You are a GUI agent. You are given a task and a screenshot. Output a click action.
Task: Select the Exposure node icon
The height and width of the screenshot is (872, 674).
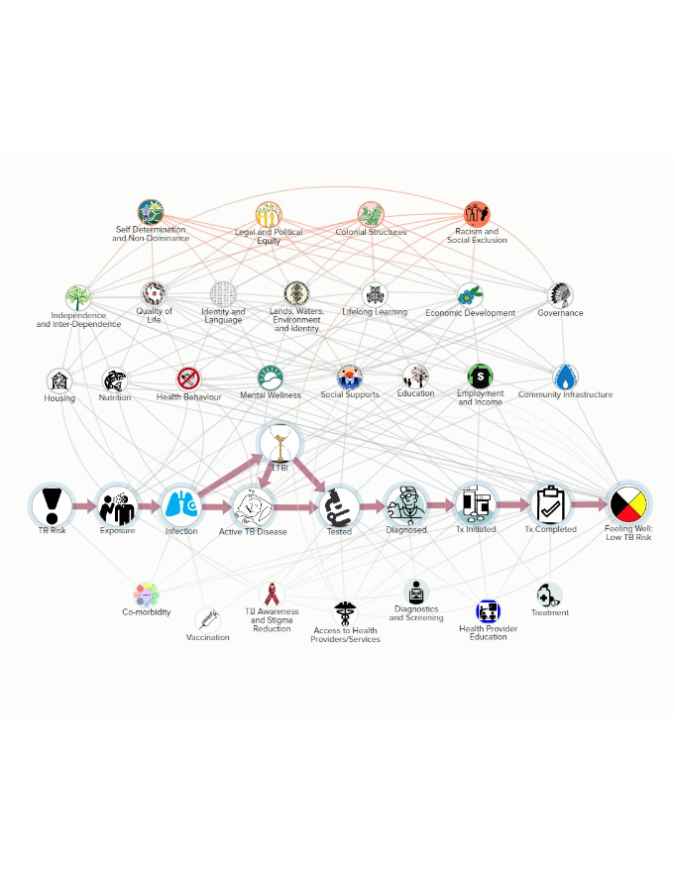[118, 505]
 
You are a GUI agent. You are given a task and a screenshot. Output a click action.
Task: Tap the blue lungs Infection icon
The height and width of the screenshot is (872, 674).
[181, 505]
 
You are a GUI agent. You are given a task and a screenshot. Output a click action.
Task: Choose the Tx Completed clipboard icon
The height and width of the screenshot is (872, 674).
[550, 504]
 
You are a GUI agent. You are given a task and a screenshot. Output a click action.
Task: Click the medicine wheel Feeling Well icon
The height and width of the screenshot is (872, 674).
[628, 504]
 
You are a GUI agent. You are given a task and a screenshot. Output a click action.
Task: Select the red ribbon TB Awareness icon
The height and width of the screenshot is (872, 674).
[272, 595]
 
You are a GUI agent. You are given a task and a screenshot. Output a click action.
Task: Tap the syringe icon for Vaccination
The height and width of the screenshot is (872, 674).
[208, 620]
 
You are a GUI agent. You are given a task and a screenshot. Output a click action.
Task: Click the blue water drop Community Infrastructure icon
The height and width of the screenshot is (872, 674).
[565, 378]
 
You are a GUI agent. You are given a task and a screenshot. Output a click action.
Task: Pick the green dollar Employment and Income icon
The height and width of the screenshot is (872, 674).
[481, 377]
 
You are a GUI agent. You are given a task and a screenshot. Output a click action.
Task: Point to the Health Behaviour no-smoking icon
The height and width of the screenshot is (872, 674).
[188, 379]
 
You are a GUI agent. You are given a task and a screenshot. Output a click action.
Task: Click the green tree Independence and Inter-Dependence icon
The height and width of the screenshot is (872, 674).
[78, 297]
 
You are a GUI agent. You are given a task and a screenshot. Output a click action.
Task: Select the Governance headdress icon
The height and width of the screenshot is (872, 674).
[560, 294]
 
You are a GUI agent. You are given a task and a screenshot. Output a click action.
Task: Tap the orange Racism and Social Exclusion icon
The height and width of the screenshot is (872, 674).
[477, 214]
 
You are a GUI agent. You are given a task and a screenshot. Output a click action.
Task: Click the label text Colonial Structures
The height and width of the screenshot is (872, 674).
[370, 233]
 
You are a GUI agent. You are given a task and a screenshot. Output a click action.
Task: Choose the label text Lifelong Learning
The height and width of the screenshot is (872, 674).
[375, 312]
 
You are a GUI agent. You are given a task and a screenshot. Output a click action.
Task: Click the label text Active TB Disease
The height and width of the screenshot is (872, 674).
[253, 532]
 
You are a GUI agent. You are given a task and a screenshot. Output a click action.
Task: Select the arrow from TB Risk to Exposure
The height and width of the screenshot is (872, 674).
[85, 505]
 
